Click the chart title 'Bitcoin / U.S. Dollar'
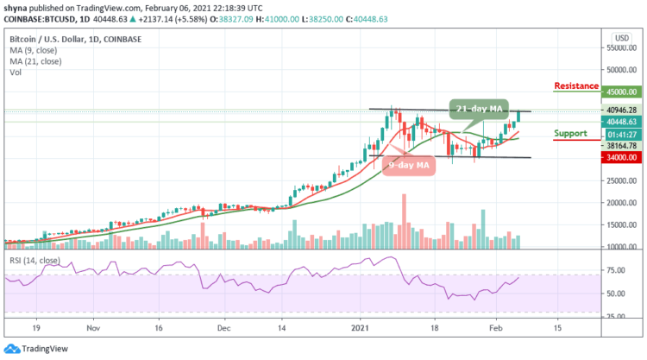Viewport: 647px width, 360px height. pyautogui.click(x=50, y=39)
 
